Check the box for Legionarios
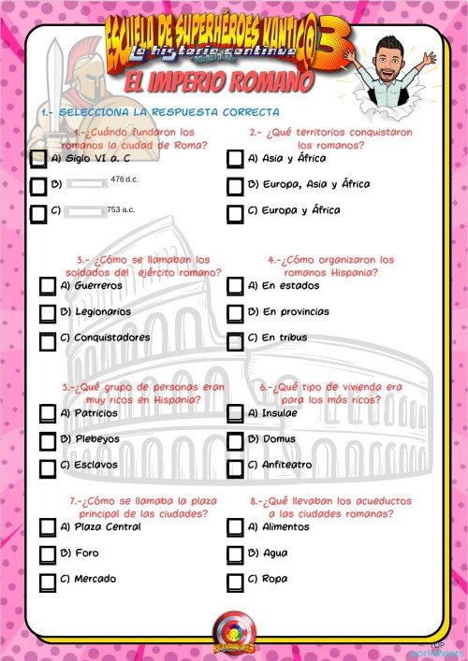(x=48, y=312)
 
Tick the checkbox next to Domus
(x=235, y=439)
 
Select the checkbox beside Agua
(x=235, y=554)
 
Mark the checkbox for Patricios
(x=48, y=413)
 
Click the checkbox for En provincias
(x=235, y=312)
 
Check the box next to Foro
(x=48, y=554)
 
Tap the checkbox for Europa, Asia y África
(x=235, y=186)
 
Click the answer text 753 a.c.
(x=121, y=210)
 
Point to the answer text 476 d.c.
(x=124, y=179)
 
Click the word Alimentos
(x=285, y=527)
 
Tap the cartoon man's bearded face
(x=390, y=55)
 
